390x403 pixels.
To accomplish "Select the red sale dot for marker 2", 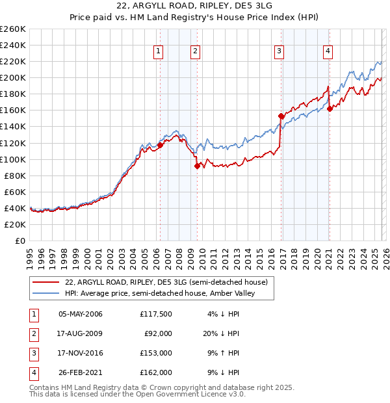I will pos(197,166).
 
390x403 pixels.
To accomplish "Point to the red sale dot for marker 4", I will pos(330,109).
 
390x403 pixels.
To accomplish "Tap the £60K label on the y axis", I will pos(15,192).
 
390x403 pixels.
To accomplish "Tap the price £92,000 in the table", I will pos(158,333).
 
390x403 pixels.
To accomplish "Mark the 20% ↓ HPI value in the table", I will pos(220,333).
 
